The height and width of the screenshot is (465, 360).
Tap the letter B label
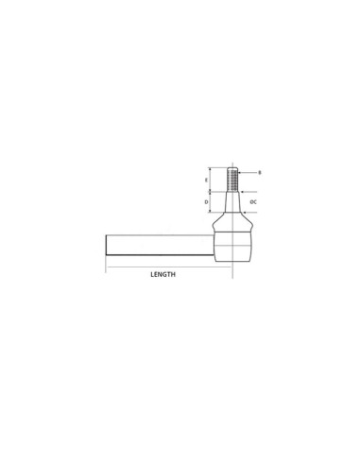tap(259, 172)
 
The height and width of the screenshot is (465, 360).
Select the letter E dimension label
tap(207, 179)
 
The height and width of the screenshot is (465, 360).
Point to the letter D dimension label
tap(207, 201)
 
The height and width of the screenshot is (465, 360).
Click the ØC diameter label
tap(255, 202)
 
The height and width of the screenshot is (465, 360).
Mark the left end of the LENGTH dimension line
tap(107, 266)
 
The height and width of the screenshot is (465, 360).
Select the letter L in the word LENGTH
tap(151, 274)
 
